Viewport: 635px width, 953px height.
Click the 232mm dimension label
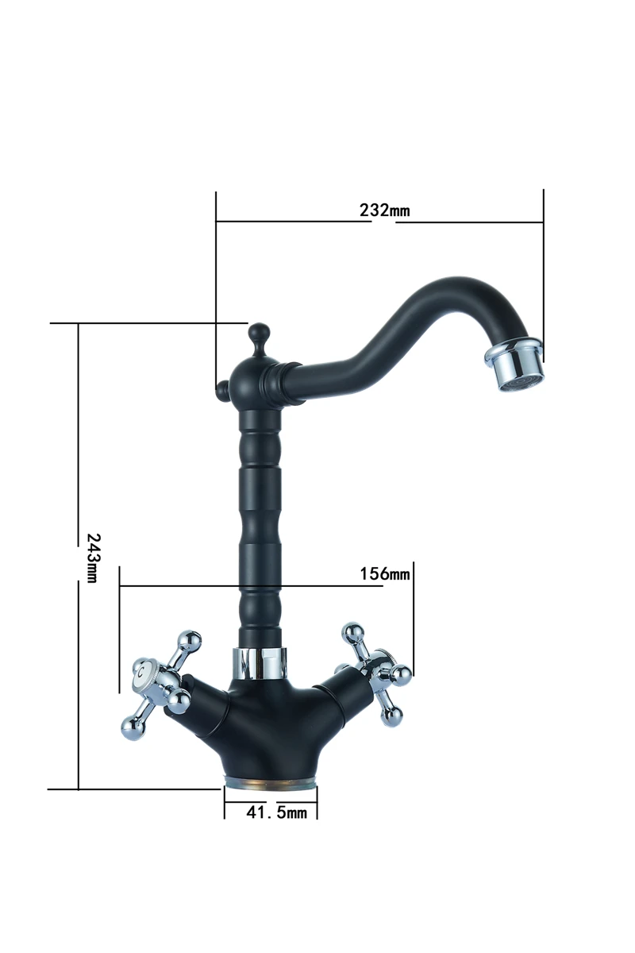tap(384, 210)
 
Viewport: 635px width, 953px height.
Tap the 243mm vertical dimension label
tap(93, 558)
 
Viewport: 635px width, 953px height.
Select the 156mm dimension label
tap(385, 574)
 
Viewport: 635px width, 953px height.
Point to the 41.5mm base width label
tap(276, 812)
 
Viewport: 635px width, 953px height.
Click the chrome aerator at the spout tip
tap(514, 365)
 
